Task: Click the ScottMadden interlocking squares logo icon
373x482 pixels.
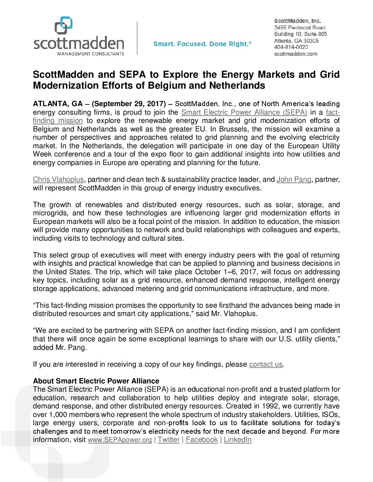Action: [x=64, y=25]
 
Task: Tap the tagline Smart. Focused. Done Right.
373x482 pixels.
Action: [x=202, y=44]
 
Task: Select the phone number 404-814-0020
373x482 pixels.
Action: [x=291, y=47]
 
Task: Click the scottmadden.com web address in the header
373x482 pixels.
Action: [x=296, y=54]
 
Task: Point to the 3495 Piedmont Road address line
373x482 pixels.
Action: [x=300, y=27]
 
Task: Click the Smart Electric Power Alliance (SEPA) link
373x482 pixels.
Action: [x=244, y=112]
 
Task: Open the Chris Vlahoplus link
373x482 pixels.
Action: [x=58, y=179]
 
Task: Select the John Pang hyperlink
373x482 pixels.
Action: [x=294, y=179]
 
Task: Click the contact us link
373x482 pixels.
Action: [x=266, y=364]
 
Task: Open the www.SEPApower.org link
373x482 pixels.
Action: [x=120, y=440]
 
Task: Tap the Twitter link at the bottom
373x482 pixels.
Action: [x=169, y=440]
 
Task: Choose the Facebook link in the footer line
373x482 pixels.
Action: [x=202, y=440]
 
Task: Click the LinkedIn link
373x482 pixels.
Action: [x=238, y=440]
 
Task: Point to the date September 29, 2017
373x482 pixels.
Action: [x=129, y=104]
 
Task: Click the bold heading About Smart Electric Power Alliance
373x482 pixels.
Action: [x=96, y=381]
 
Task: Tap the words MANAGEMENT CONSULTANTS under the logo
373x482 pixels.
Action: [x=91, y=54]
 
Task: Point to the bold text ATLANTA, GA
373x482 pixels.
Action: [x=58, y=104]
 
